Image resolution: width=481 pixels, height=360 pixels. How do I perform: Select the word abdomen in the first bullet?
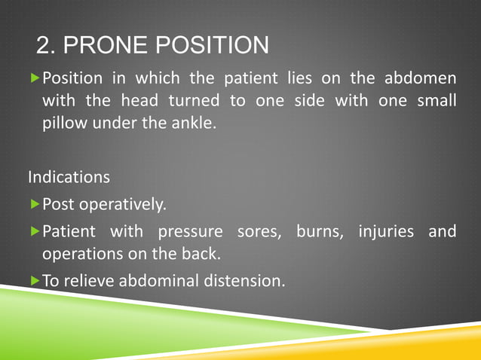(x=421, y=79)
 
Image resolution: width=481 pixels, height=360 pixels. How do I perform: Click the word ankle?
(x=194, y=122)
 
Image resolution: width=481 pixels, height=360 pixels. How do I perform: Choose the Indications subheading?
(x=69, y=178)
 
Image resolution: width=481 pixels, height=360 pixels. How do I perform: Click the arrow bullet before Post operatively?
(x=34, y=205)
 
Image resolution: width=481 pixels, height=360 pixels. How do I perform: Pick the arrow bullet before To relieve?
(x=34, y=281)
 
